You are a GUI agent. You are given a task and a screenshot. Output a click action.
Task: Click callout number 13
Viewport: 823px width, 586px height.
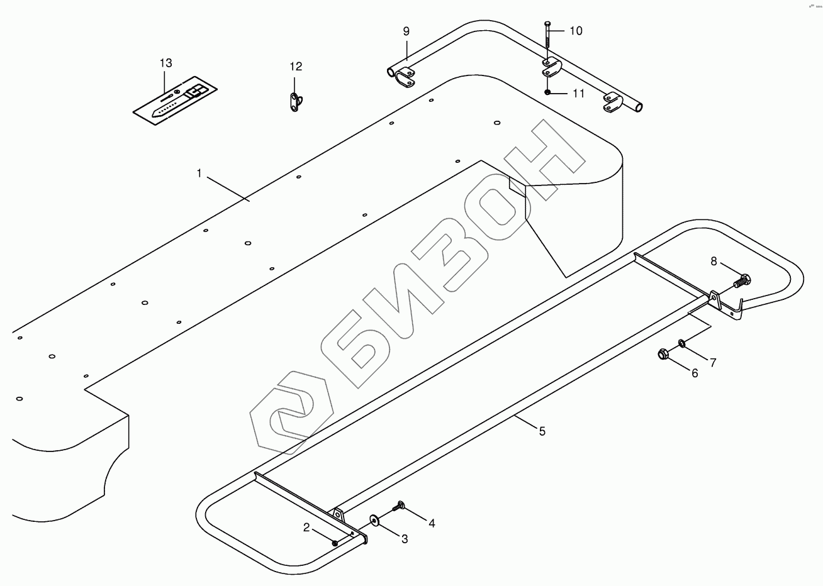[x=165, y=63]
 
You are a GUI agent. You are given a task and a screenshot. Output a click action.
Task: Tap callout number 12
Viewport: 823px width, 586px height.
[x=296, y=67]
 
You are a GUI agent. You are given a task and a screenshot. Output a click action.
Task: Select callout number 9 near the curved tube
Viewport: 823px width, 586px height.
[x=406, y=31]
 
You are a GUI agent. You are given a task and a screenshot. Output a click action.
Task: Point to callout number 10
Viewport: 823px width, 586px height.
[x=576, y=31]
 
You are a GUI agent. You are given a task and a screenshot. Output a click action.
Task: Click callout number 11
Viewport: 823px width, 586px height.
[x=578, y=94]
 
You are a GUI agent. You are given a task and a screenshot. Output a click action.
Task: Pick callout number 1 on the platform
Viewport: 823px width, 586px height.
[x=199, y=173]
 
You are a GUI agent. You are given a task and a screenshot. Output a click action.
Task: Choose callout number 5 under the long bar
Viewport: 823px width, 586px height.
[x=542, y=431]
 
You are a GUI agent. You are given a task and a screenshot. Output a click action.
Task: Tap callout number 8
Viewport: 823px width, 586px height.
[x=714, y=261]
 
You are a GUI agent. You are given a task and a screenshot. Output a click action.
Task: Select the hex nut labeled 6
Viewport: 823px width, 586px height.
[x=663, y=354]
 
